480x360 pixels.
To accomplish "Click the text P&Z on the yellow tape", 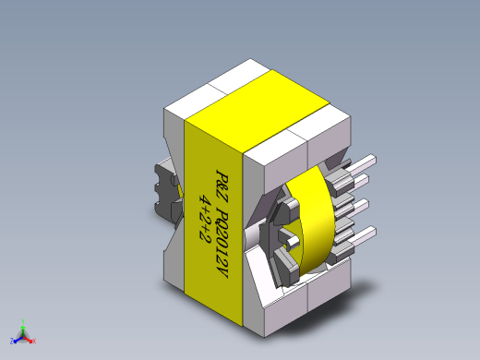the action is pos(222,186).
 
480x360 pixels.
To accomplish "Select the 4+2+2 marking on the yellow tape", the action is pos(205,218).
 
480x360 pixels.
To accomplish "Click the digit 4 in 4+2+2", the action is pos(205,200).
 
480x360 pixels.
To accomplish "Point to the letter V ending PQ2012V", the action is pos(222,272).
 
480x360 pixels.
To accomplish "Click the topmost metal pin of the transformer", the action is pos(362,164).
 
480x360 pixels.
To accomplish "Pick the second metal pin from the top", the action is pos(359,182).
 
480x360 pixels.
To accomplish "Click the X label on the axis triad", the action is pos(34,341).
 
